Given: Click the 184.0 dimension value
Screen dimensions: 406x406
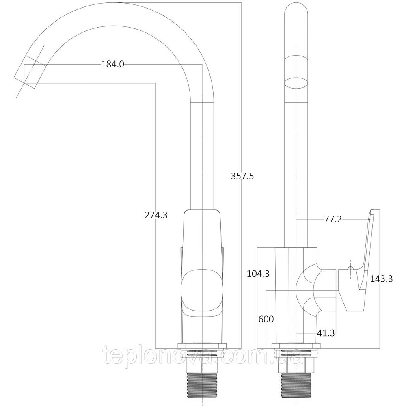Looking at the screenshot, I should coord(112,64).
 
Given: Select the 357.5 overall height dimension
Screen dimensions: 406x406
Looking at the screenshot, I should coord(242,176).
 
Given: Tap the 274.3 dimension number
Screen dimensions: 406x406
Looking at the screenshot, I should coord(156,215).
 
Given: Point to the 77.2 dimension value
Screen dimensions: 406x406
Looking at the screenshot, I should coord(333,220).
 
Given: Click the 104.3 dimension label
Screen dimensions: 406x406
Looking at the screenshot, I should coord(258,274).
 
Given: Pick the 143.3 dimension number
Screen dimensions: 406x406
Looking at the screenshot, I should coord(381,279).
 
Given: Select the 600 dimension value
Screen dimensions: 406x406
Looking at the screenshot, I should coord(266,319).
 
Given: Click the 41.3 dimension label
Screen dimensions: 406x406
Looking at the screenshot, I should coord(326,333).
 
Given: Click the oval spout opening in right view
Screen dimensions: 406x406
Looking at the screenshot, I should coord(295,83).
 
